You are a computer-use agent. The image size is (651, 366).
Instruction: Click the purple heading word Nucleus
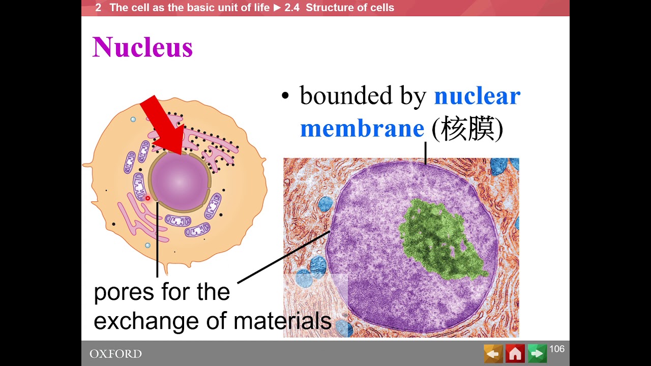(x=142, y=48)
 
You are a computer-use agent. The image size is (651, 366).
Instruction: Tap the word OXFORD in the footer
(x=115, y=354)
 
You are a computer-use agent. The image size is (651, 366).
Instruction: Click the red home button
(x=515, y=353)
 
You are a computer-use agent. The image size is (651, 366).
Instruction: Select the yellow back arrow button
(x=493, y=353)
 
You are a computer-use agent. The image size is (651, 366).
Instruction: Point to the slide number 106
(x=557, y=349)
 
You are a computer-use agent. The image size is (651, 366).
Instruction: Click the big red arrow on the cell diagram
(x=162, y=124)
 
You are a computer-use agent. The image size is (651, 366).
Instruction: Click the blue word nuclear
(x=477, y=96)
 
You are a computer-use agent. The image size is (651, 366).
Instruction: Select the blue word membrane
(x=362, y=129)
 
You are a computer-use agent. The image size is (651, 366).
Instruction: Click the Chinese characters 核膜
(x=467, y=129)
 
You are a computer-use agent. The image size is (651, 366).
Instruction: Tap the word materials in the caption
(x=282, y=321)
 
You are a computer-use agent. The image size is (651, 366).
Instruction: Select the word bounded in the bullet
(x=345, y=96)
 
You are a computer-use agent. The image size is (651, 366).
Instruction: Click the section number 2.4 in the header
(x=292, y=8)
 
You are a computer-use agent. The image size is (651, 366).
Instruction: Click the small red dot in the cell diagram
(x=148, y=198)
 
